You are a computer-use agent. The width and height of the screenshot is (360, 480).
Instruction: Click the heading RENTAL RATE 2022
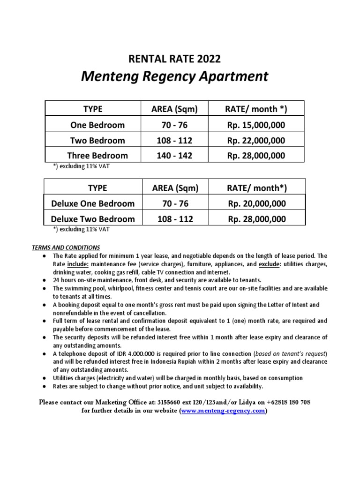[174, 59]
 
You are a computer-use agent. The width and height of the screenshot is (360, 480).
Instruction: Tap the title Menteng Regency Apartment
[174, 76]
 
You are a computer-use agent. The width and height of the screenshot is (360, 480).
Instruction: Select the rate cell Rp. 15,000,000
[256, 125]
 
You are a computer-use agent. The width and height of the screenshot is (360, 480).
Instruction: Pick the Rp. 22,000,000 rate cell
[256, 141]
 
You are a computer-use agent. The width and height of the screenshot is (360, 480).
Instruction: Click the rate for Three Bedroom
[256, 156]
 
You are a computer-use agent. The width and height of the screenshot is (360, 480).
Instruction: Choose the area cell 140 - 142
[175, 156]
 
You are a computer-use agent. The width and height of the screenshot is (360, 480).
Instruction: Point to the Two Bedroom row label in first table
[97, 141]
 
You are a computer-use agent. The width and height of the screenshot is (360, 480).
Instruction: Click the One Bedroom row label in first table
[97, 125]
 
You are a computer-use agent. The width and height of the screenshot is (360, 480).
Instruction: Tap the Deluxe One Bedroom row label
[92, 203]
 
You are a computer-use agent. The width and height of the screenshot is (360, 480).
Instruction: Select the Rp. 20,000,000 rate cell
[256, 203]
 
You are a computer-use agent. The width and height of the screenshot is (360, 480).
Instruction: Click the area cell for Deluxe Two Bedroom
[175, 219]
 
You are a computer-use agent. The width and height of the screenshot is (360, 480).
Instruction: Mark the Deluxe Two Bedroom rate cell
[256, 219]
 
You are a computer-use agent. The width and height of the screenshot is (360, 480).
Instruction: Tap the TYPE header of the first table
[93, 109]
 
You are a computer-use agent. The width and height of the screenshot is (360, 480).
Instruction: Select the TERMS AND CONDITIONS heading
[66, 247]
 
